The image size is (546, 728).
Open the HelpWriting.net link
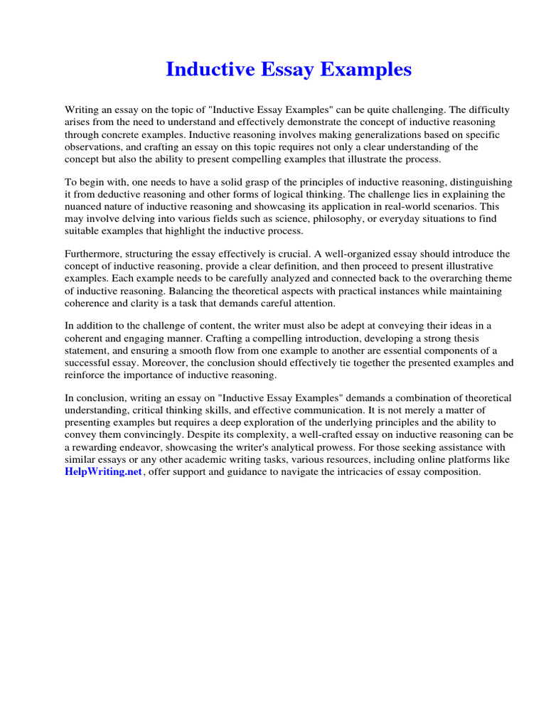(94, 472)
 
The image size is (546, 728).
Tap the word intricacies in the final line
(363, 472)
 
